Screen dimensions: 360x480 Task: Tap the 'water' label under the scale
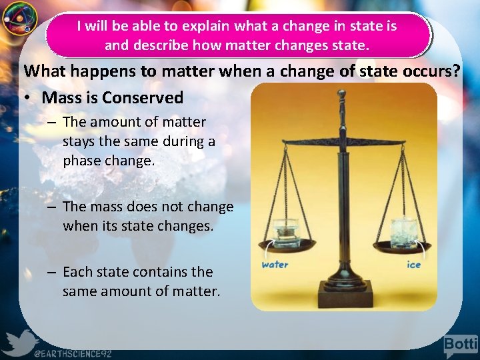coord(275,265)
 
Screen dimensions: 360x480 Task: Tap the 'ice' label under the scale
coord(414,265)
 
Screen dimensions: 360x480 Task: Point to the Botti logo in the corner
coord(461,345)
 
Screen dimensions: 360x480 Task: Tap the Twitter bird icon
coord(18,343)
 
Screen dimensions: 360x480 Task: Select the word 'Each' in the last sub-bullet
coord(78,272)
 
